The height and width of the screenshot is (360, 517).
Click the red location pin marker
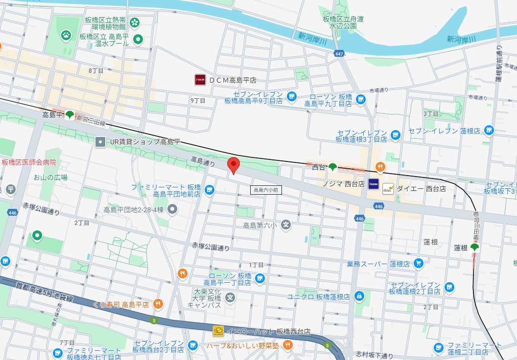click(x=234, y=165)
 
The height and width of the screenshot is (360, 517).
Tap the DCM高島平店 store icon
click(x=200, y=80)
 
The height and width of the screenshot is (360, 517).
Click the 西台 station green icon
click(x=333, y=167)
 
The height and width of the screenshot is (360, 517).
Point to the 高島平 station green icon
click(x=70, y=115)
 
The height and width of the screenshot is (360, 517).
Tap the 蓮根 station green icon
click(x=474, y=247)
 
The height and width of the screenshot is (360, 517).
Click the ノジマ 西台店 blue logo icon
click(x=374, y=184)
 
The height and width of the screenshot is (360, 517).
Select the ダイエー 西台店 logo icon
click(x=388, y=188)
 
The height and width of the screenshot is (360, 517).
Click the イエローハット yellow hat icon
click(x=218, y=331)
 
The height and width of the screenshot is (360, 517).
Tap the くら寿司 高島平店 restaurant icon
click(x=158, y=304)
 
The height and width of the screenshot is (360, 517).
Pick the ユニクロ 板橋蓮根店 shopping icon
click(x=359, y=296)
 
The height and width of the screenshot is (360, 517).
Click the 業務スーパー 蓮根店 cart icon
click(x=418, y=264)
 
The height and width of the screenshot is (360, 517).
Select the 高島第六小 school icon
click(x=286, y=225)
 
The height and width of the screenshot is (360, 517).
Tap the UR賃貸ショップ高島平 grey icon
click(x=100, y=142)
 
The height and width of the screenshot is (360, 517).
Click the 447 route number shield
click(x=338, y=53)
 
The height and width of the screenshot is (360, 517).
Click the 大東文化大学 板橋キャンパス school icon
click(x=230, y=297)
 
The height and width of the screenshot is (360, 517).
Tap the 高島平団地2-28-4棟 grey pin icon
click(x=172, y=210)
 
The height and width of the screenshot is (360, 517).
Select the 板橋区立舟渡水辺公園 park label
click(x=344, y=22)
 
